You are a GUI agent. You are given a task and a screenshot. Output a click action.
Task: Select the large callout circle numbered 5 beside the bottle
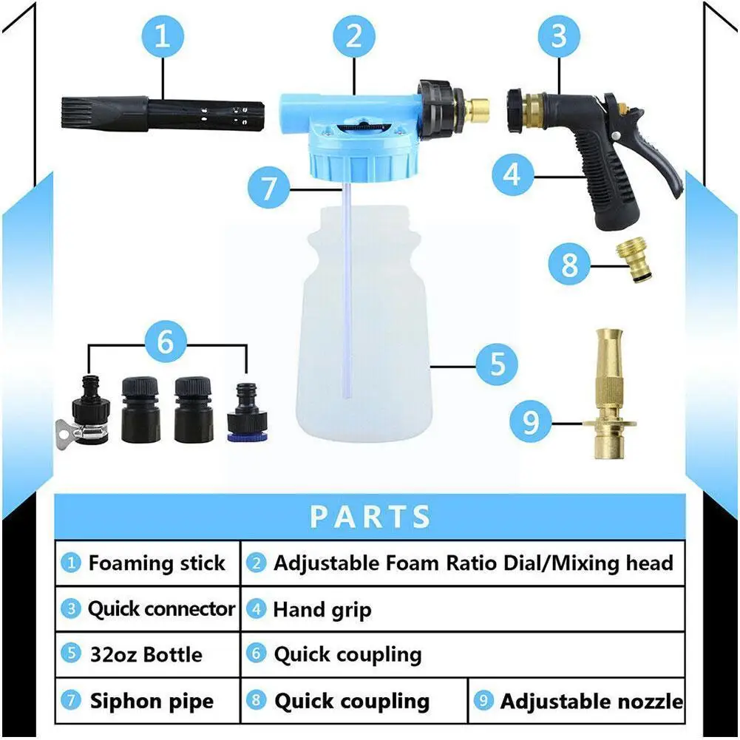coord(497,364)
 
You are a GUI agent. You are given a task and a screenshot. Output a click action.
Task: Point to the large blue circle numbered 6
coord(165,342)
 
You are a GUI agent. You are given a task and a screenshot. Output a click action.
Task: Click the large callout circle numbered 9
coord(531,423)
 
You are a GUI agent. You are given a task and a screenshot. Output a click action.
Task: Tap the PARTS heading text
coord(370,516)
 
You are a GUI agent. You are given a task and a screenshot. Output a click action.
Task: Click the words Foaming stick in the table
coord(156,563)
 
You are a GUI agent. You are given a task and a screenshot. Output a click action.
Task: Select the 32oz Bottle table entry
coord(146,655)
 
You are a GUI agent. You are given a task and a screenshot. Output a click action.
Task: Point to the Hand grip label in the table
coord(322,610)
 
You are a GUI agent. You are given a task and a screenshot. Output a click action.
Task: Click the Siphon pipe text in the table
coord(152,701)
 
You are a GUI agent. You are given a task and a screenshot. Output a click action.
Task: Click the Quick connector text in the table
coord(160,609)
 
